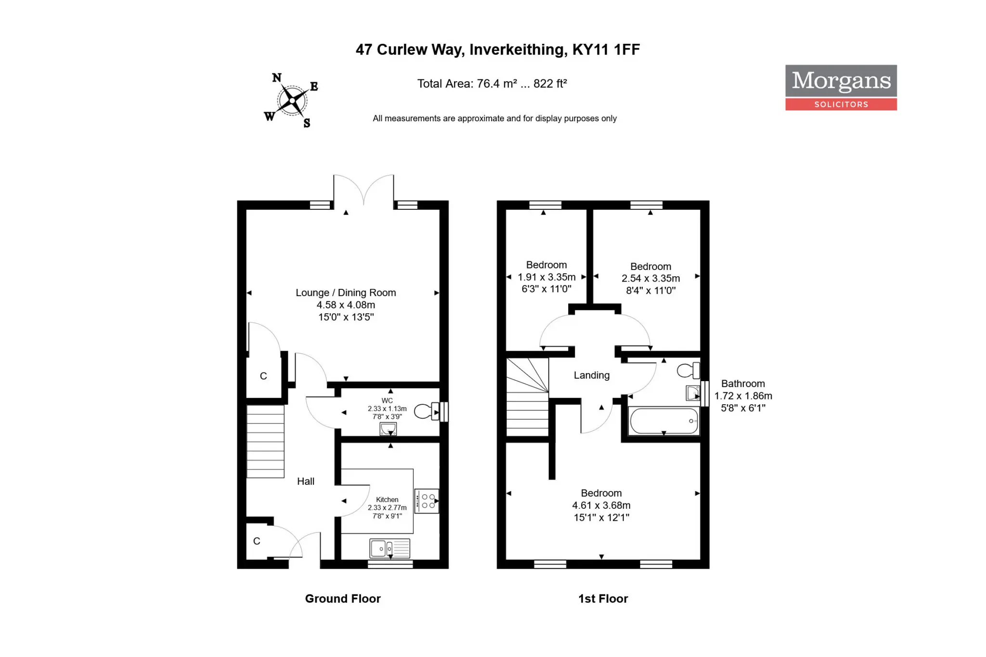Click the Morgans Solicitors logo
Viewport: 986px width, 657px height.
pyautogui.click(x=841, y=88)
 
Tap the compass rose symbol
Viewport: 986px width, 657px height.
pyautogui.click(x=291, y=100)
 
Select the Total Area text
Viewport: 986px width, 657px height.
pyautogui.click(x=492, y=84)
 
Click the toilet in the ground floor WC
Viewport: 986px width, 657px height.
pyautogui.click(x=426, y=412)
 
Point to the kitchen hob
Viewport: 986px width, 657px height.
pyautogui.click(x=427, y=501)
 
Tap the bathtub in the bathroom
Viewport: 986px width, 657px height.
pyautogui.click(x=664, y=421)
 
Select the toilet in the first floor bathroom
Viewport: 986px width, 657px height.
pyautogui.click(x=688, y=371)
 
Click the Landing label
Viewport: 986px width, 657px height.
pyautogui.click(x=592, y=375)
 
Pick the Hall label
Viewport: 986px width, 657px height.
pyautogui.click(x=306, y=481)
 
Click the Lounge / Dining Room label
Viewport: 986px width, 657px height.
pyautogui.click(x=346, y=293)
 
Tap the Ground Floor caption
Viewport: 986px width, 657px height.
pyautogui.click(x=343, y=599)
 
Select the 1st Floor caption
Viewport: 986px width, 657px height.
pyautogui.click(x=603, y=599)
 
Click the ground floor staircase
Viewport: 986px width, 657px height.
pyautogui.click(x=265, y=441)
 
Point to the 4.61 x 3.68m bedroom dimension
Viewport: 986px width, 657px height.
pyautogui.click(x=601, y=505)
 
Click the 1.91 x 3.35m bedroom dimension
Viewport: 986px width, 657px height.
pyautogui.click(x=546, y=277)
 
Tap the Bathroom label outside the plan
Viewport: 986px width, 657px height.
pyautogui.click(x=743, y=384)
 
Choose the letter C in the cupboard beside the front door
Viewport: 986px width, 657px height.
pyautogui.click(x=257, y=541)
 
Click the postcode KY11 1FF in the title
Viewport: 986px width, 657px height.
pyautogui.click(x=606, y=50)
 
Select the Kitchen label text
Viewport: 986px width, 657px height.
pyautogui.click(x=387, y=500)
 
